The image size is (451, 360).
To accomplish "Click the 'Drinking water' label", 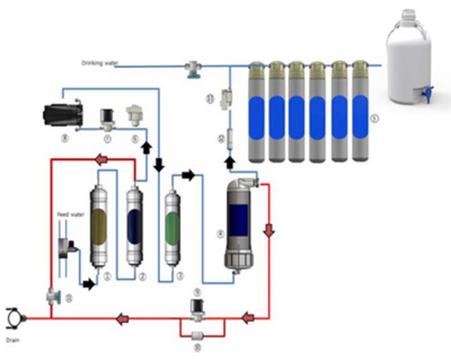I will coord(98,62).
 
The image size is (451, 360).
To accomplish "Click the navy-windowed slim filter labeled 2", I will coord(135,225).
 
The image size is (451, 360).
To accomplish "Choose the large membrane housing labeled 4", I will coord(240,225).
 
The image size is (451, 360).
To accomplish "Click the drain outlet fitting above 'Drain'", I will coord(14,318).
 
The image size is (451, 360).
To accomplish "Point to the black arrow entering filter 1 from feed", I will coord(89,284).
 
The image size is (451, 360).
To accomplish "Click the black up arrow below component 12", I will coord(228,161).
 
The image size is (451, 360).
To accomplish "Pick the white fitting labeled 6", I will coord(135,115).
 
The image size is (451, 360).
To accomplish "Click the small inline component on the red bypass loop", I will coord(198,335).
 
